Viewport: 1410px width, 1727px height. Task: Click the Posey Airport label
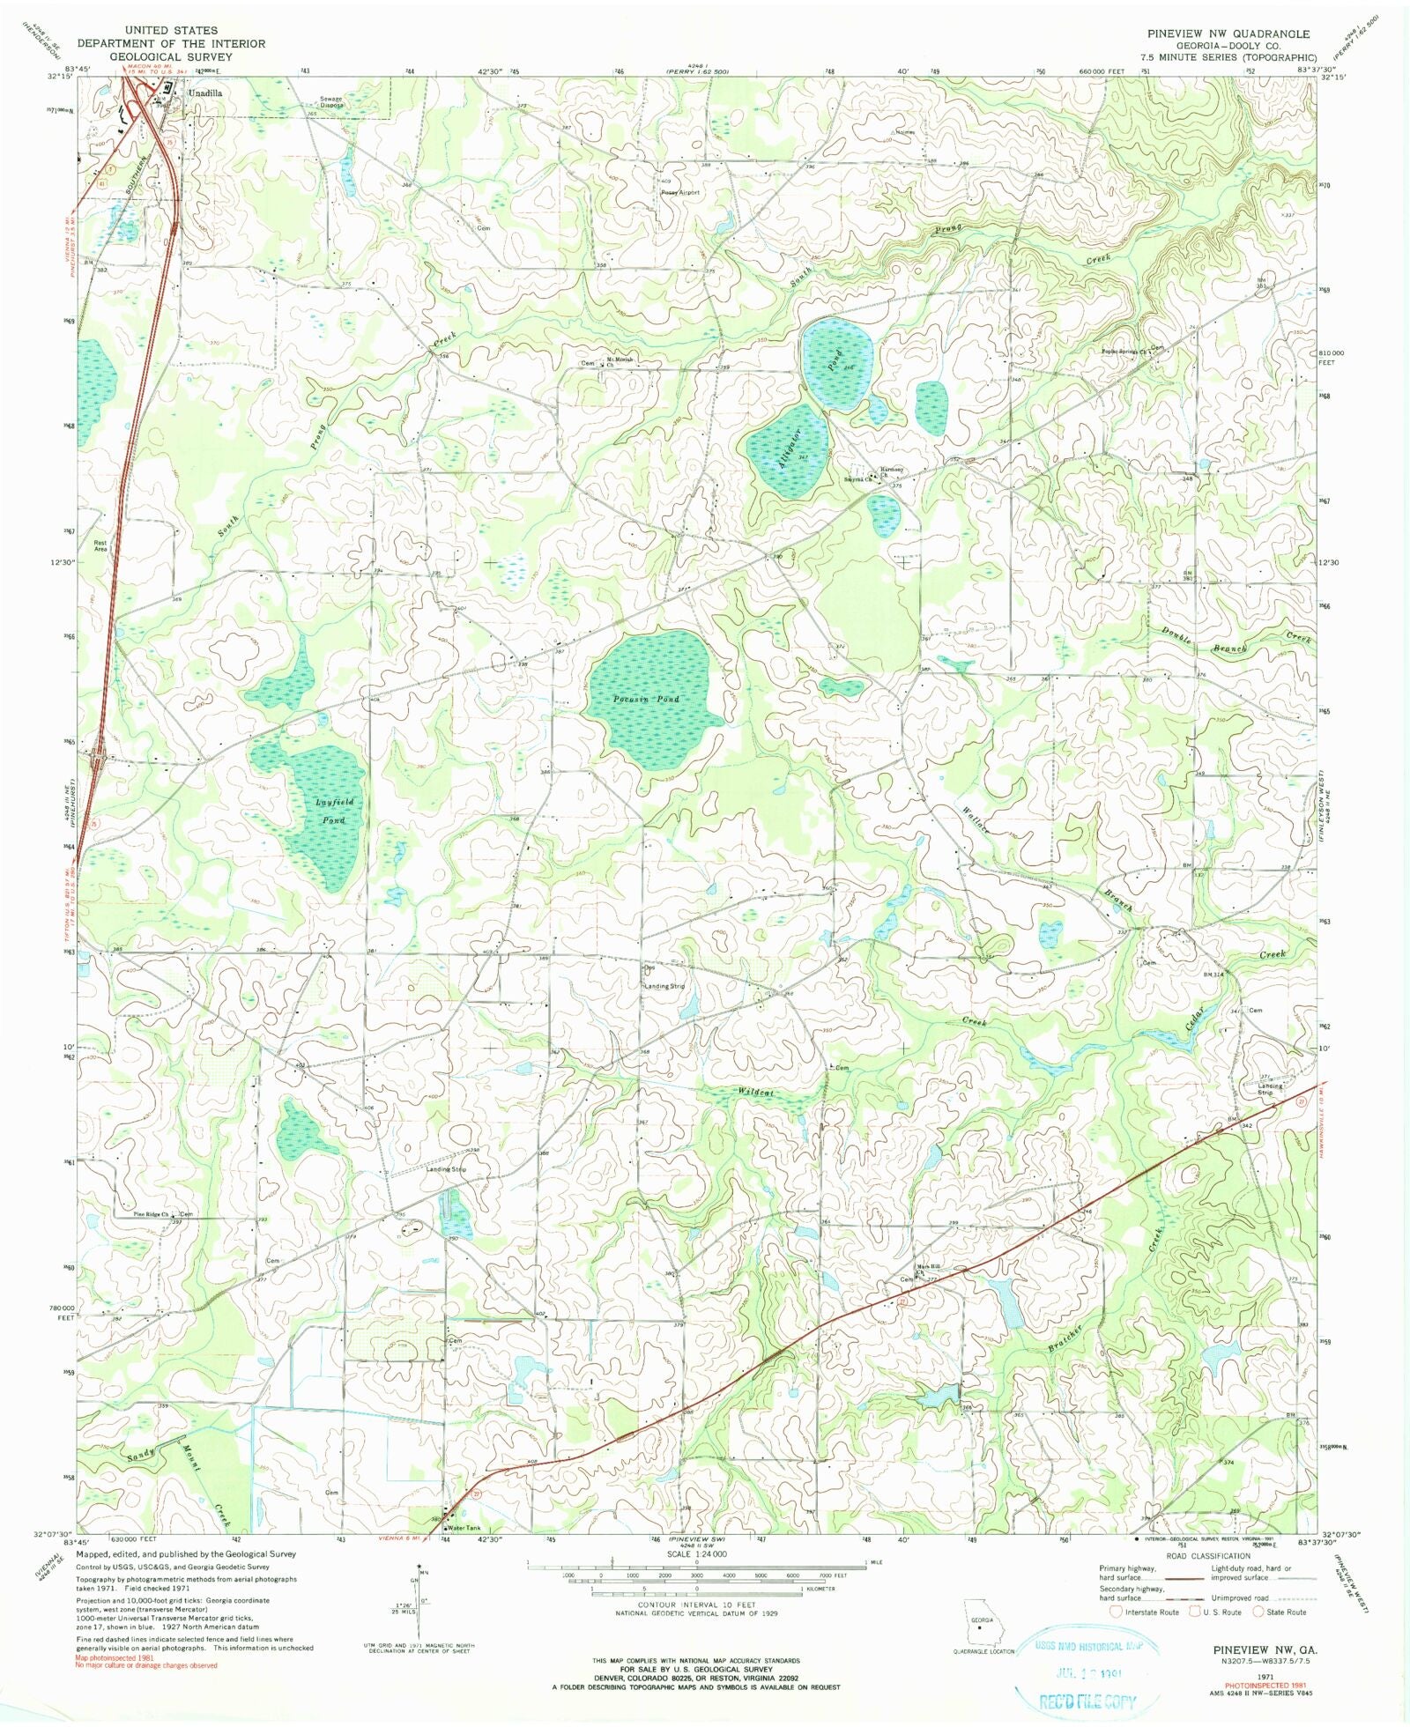pos(679,192)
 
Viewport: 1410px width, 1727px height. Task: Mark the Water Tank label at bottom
pos(464,1528)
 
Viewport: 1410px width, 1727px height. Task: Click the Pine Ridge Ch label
pos(151,1213)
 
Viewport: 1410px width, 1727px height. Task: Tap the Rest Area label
pos(100,545)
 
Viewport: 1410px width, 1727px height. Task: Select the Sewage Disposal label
pos(330,101)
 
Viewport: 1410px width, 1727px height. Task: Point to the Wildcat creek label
pos(755,1093)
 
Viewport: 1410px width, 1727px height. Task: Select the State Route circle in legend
pos(1258,1612)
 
